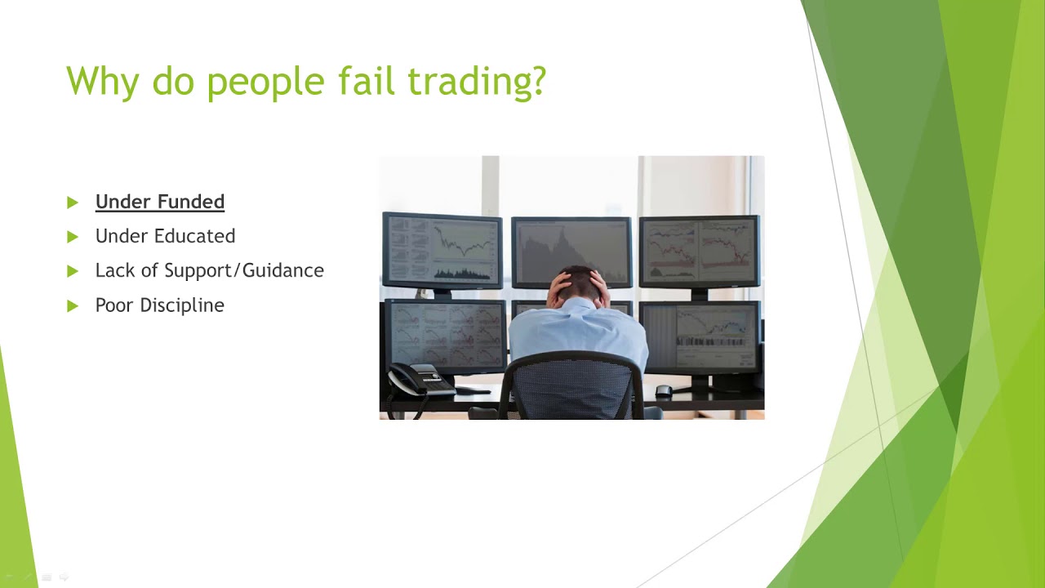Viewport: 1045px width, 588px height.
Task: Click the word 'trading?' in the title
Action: click(477, 82)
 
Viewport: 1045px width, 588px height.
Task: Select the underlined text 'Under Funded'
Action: click(160, 202)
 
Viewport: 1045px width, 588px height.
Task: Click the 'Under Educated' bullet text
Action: click(165, 236)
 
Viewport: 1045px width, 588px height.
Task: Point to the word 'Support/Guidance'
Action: click(244, 270)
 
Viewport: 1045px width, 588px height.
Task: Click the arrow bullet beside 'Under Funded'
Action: click(73, 202)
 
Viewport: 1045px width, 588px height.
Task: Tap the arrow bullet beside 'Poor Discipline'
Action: click(73, 305)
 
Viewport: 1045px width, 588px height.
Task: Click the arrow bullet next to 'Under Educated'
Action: click(73, 237)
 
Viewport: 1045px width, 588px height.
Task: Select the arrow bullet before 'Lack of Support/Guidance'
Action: click(73, 271)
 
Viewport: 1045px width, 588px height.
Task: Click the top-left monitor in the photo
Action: click(442, 250)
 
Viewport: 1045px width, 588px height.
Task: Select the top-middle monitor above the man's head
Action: click(571, 245)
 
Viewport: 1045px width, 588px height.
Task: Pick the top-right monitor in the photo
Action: click(700, 250)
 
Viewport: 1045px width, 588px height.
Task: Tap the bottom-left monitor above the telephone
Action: click(444, 335)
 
